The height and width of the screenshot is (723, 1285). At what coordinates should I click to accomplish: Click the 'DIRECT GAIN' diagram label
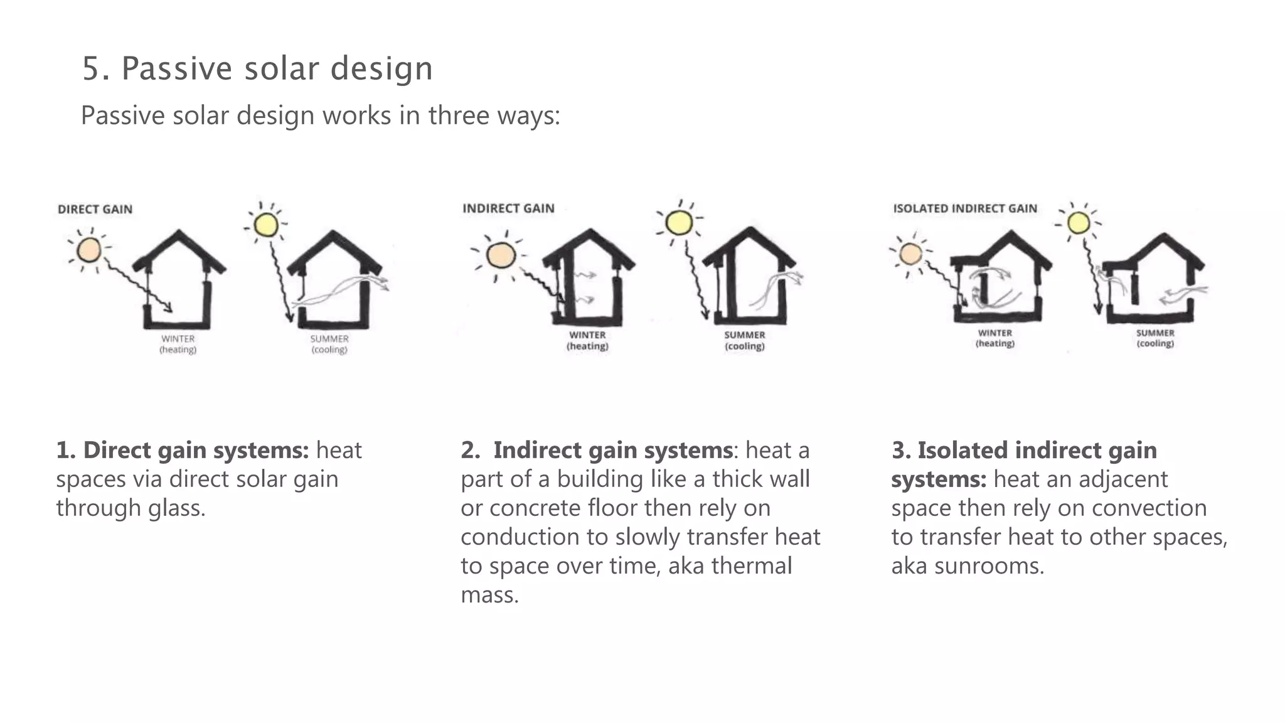tap(95, 210)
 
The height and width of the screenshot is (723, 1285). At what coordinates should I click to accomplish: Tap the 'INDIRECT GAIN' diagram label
tap(508, 208)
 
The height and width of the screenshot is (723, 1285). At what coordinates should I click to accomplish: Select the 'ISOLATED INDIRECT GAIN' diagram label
tap(965, 208)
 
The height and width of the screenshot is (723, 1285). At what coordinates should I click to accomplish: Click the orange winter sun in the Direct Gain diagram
tap(89, 250)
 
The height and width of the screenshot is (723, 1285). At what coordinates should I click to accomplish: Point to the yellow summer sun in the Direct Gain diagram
tap(266, 224)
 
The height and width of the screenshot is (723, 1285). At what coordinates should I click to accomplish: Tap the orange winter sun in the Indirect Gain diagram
tap(500, 255)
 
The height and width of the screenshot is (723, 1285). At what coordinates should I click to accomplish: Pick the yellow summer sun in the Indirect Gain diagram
tap(678, 222)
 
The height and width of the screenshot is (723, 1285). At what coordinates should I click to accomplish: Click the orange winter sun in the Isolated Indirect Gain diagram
tap(910, 254)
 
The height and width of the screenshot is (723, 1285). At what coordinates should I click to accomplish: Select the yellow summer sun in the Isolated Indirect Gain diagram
tap(1079, 222)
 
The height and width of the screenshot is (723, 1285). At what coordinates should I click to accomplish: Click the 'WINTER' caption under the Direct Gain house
tap(178, 339)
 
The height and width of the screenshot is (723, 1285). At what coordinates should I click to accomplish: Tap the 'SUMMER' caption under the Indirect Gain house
tap(745, 335)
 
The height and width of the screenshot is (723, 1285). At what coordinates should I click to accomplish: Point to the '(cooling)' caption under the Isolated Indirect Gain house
tap(1155, 344)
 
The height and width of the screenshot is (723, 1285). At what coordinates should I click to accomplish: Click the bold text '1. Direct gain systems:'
tap(183, 450)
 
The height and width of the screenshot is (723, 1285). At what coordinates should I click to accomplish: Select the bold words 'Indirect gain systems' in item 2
tap(612, 450)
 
